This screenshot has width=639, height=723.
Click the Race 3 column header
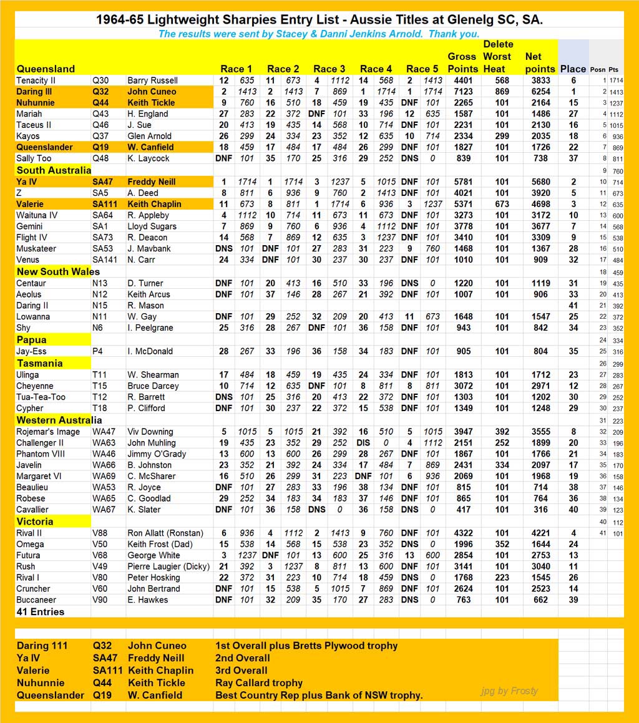(329, 69)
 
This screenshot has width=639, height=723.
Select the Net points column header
(540, 62)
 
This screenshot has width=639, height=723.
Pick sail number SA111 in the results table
(105, 204)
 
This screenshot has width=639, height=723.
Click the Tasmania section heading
(39, 363)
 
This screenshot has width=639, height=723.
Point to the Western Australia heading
(59, 420)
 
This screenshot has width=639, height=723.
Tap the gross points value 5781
(462, 182)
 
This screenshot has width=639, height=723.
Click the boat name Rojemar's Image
(48, 432)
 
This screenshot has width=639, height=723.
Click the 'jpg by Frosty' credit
(509, 691)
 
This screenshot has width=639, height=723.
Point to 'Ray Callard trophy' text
(259, 683)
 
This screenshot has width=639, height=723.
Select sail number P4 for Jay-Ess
(97, 351)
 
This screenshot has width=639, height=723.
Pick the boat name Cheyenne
(37, 386)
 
